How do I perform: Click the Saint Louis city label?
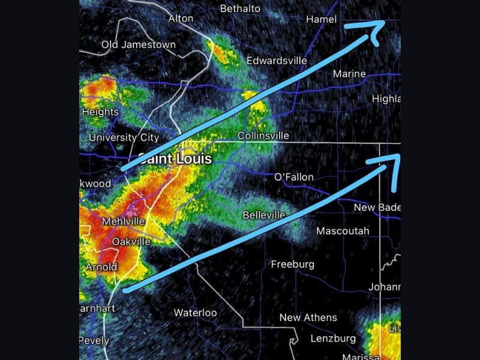click(175, 159)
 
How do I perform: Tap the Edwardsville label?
click(277, 61)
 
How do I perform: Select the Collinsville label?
click(263, 136)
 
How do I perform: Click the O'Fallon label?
click(294, 177)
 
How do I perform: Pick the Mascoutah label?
click(343, 231)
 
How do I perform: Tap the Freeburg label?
click(293, 264)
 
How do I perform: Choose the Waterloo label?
click(195, 313)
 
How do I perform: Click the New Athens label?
click(308, 317)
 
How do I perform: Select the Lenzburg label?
click(334, 338)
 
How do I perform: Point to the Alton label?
click(181, 19)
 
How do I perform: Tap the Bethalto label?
click(240, 8)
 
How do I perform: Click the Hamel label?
click(322, 19)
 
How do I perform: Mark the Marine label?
click(349, 74)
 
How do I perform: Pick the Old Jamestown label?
click(139, 44)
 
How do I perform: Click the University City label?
click(124, 138)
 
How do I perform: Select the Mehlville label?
click(124, 221)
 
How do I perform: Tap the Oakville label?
click(131, 242)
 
